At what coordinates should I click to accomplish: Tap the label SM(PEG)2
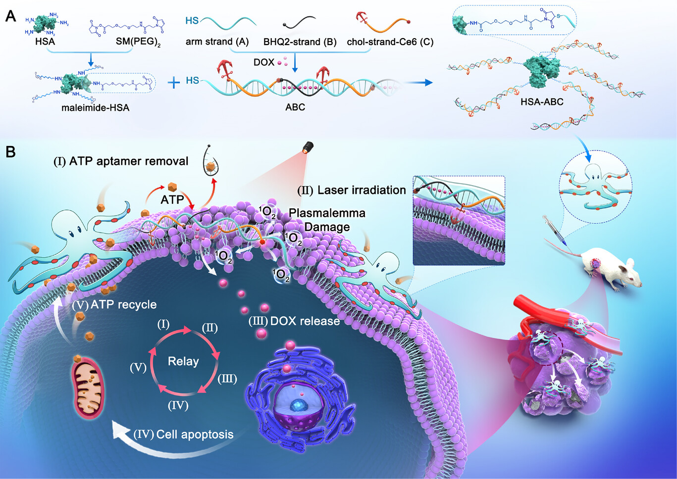pyautogui.click(x=138, y=42)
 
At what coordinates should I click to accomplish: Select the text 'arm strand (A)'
pyautogui.click(x=217, y=42)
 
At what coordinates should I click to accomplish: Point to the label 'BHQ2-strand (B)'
pyautogui.click(x=300, y=42)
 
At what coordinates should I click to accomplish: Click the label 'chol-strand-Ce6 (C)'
pyautogui.click(x=390, y=42)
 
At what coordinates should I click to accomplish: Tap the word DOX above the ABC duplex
pyautogui.click(x=263, y=62)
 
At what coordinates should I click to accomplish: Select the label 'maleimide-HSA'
pyautogui.click(x=95, y=107)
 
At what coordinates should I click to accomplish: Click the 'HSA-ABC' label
pyautogui.click(x=542, y=102)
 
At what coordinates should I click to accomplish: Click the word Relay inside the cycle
pyautogui.click(x=183, y=361)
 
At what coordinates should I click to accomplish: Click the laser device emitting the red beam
pyautogui.click(x=308, y=147)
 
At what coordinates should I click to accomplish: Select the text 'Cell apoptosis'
pyautogui.click(x=195, y=434)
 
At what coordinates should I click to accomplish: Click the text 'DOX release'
pyautogui.click(x=305, y=321)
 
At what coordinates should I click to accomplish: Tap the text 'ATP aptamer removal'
pyautogui.click(x=129, y=161)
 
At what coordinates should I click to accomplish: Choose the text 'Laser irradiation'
pyautogui.click(x=362, y=190)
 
